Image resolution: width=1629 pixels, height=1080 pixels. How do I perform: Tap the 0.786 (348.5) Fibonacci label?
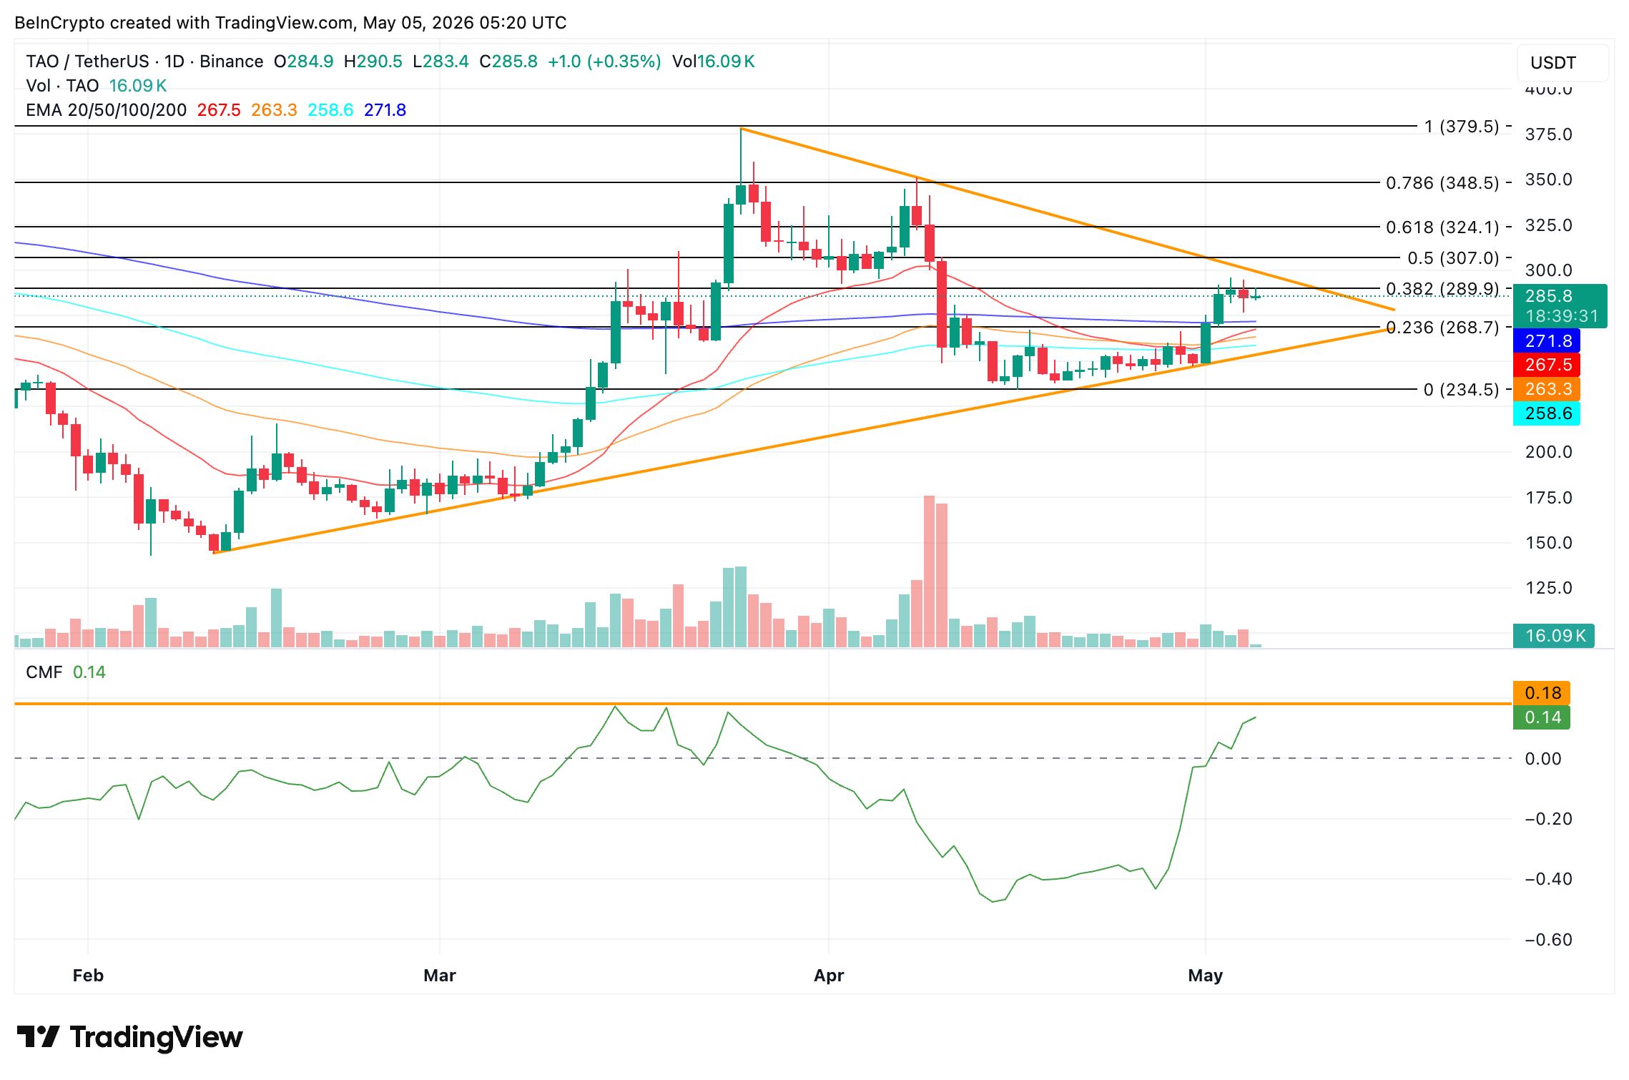tap(1442, 183)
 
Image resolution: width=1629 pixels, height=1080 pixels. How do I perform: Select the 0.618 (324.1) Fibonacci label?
tap(1442, 227)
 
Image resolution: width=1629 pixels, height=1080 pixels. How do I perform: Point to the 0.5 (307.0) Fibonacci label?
tap(1453, 257)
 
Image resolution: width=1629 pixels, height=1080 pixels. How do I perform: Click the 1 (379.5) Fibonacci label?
tap(1461, 127)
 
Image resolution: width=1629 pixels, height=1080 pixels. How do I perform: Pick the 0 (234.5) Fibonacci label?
tap(1461, 390)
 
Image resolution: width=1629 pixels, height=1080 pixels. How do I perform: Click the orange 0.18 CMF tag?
tap(1542, 693)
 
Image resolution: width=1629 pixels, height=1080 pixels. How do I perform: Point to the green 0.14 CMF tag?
tap(1542, 717)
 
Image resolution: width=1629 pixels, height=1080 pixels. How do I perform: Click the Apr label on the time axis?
tap(829, 976)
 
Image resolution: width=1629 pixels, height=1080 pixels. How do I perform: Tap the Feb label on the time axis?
tap(88, 976)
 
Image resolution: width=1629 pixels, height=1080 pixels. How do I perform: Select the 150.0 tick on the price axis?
tap(1548, 543)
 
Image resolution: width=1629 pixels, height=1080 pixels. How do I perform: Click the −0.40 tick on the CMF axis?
tap(1548, 879)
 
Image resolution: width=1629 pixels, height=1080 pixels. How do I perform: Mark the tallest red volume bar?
tap(930, 571)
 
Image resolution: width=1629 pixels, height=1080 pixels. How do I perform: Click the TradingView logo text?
tap(156, 1037)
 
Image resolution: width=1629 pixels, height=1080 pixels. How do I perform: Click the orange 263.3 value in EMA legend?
tap(274, 110)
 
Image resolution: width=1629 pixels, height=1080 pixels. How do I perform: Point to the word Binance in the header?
tap(231, 62)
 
